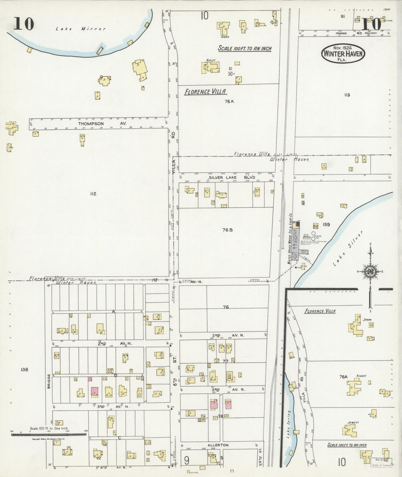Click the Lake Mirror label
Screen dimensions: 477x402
click(80, 28)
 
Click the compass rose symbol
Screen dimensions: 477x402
click(371, 271)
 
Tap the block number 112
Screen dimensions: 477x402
click(93, 194)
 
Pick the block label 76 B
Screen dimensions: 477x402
click(227, 230)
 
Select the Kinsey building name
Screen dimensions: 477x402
click(361, 376)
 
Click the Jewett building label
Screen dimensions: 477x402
click(353, 422)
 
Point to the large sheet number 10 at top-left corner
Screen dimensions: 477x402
click(24, 24)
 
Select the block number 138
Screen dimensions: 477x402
click(24, 370)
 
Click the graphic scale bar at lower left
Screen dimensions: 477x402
click(49, 434)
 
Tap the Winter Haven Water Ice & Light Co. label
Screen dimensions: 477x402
click(290, 239)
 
